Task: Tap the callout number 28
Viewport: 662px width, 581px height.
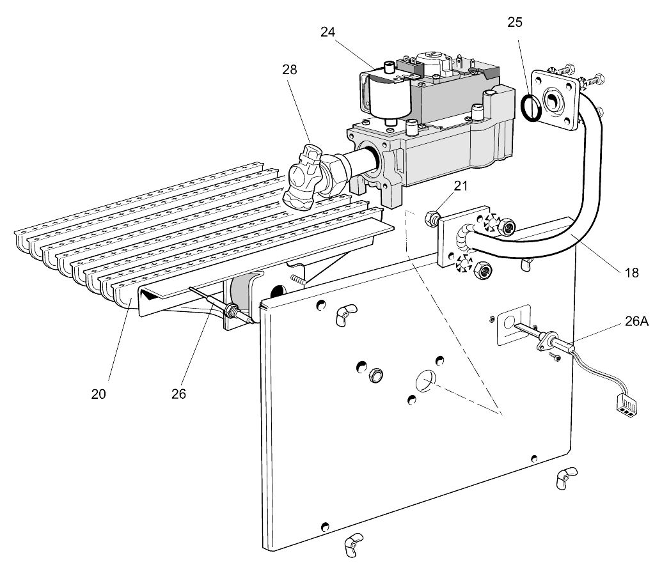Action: point(290,70)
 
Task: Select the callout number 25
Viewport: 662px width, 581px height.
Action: point(515,22)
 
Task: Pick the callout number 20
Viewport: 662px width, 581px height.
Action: point(98,394)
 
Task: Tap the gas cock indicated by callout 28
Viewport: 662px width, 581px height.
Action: point(306,176)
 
